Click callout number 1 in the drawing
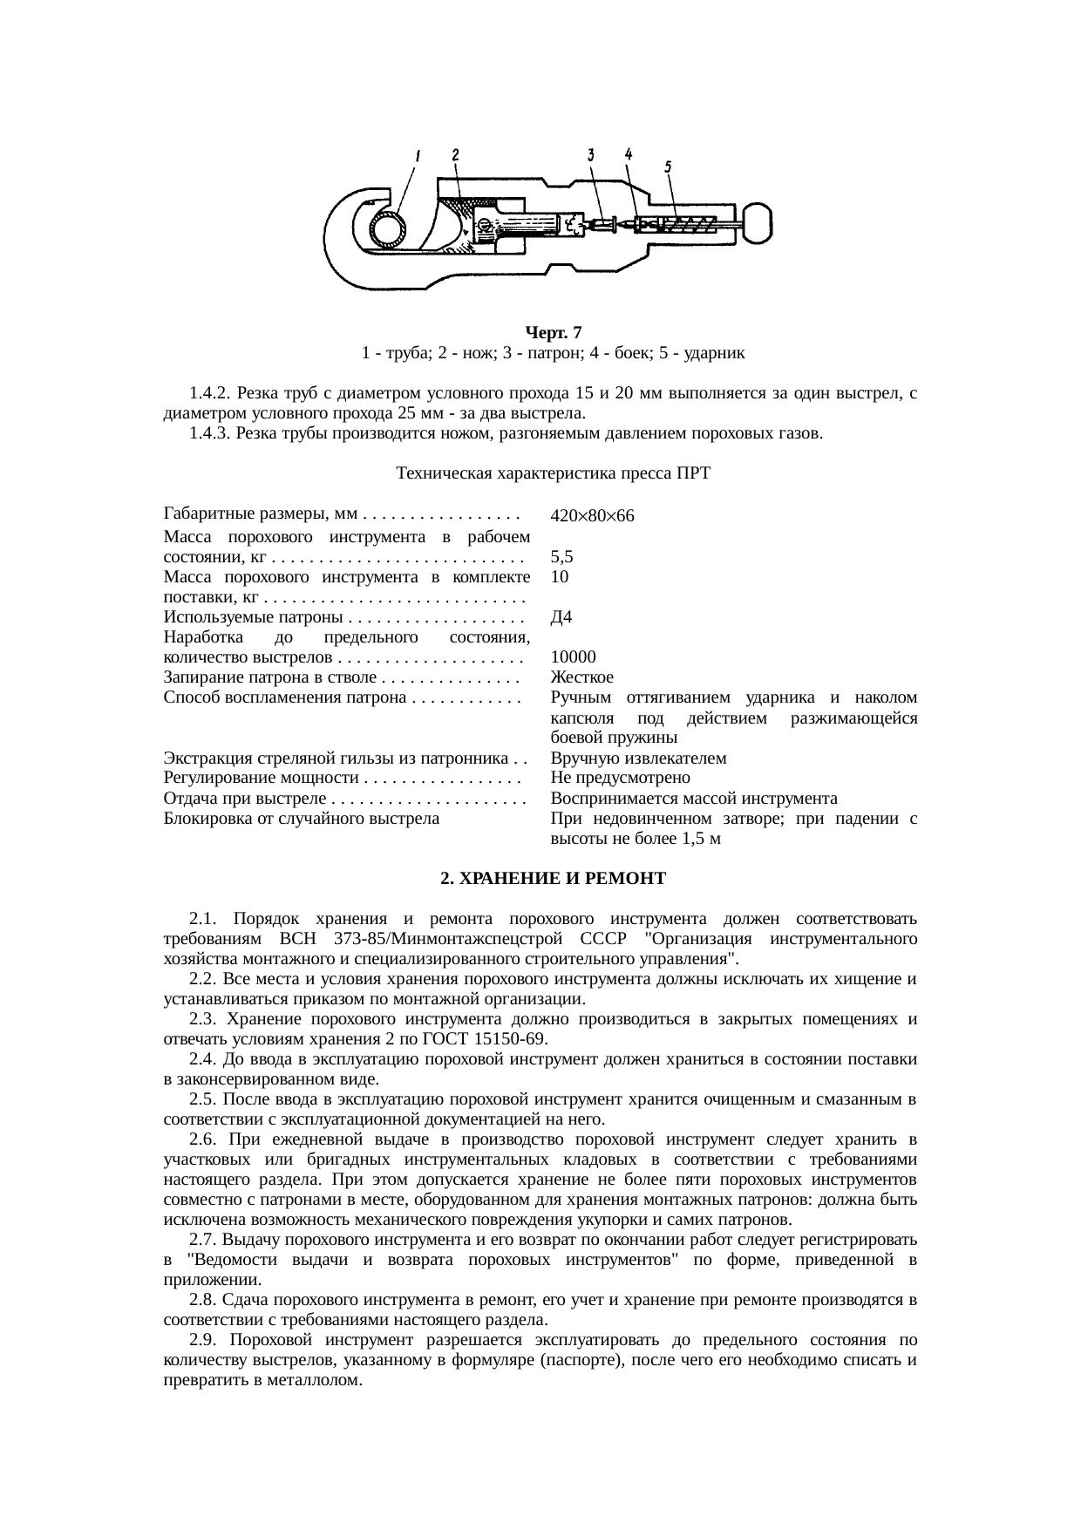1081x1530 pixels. coord(418,157)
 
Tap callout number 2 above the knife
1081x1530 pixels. coord(455,154)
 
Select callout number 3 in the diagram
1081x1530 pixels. coord(590,154)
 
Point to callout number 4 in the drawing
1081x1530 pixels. coord(628,153)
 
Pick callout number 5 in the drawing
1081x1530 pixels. coord(667,165)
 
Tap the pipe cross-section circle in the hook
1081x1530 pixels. coord(387,229)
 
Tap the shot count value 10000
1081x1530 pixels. coord(574,657)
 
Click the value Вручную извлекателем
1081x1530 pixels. coord(639,758)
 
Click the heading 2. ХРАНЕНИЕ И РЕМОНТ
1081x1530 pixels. coord(553,879)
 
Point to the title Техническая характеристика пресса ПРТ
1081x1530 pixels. coord(553,473)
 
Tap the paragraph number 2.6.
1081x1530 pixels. coord(201,1139)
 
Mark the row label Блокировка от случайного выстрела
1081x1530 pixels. coord(301,819)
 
